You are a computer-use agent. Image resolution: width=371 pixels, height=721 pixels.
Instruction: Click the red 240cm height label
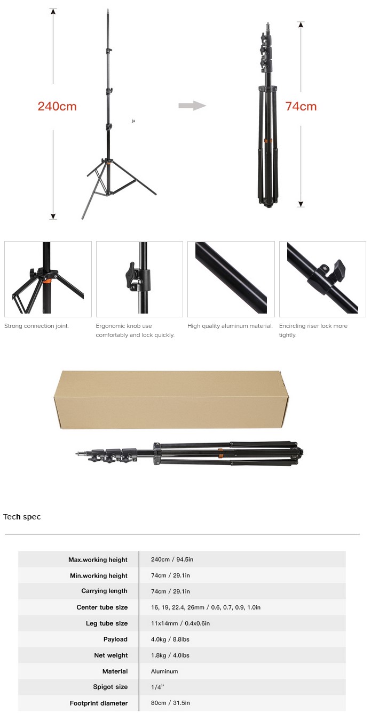tap(57, 106)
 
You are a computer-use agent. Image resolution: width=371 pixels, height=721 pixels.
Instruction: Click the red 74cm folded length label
tap(301, 106)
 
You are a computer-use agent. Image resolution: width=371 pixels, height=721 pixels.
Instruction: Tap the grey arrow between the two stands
tap(192, 105)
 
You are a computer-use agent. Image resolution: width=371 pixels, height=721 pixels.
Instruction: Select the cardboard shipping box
tap(171, 399)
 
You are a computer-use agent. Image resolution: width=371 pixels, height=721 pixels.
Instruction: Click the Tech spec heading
tap(22, 517)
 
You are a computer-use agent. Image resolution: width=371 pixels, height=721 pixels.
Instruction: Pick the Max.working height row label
tap(98, 560)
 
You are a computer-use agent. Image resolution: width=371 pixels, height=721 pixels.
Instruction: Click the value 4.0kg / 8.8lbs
tap(170, 639)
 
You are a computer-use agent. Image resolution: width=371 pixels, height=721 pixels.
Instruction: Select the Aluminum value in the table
tap(164, 671)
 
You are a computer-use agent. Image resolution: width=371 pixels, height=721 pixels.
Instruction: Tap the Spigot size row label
tap(110, 687)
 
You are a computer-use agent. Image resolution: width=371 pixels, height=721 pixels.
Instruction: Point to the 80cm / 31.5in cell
tap(170, 703)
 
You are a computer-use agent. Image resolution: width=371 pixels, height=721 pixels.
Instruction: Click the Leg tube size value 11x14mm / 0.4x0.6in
tap(180, 623)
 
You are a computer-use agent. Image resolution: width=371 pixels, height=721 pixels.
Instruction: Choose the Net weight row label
tap(111, 655)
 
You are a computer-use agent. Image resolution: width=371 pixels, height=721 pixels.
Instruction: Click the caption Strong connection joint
tap(36, 326)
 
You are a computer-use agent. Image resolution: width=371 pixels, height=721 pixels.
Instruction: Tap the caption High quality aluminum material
tap(230, 326)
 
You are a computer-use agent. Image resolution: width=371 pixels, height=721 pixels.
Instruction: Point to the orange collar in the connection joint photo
tap(47, 282)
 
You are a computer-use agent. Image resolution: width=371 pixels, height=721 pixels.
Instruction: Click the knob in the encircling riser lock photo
tap(337, 268)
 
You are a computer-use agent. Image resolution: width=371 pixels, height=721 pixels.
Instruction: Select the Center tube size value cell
tap(206, 607)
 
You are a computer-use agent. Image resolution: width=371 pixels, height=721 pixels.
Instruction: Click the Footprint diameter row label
tap(99, 703)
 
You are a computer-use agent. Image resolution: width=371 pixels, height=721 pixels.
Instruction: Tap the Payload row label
tap(115, 639)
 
